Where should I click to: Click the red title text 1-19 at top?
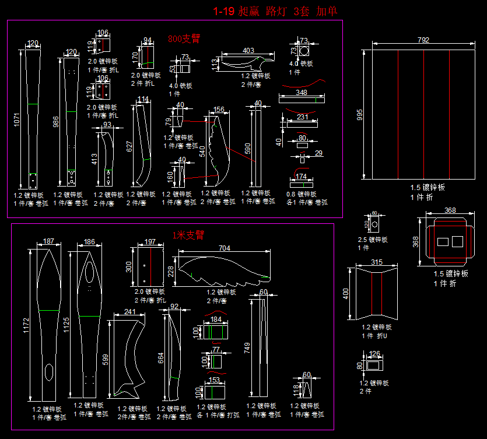[224, 10]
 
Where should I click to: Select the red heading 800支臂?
[184, 39]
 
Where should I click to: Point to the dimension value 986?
[57, 122]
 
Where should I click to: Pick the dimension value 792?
[423, 40]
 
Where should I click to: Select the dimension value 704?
[224, 248]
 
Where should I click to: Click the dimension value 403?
[248, 51]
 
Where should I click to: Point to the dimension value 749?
[248, 349]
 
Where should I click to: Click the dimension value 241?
[129, 312]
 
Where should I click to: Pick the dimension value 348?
[302, 92]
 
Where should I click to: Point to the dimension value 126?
[374, 353]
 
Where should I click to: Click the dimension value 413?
[94, 159]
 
